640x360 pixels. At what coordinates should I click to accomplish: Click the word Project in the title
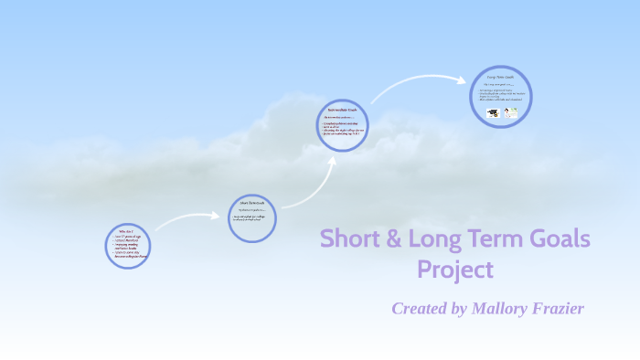[455, 270]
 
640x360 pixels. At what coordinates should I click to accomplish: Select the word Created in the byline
[420, 309]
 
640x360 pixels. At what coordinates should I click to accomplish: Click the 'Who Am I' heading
[124, 232]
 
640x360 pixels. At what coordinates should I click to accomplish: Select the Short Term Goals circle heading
[251, 202]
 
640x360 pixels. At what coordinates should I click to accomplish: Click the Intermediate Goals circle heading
[342, 111]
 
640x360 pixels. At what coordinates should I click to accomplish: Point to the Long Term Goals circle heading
[501, 79]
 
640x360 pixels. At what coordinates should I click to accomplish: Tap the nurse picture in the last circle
[511, 113]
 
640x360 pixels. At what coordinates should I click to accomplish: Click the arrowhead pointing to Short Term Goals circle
[217, 217]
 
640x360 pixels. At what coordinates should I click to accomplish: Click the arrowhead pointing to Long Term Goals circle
[465, 80]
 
